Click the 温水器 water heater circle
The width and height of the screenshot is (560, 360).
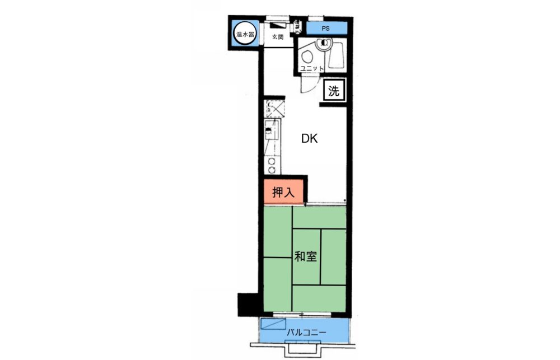click(245, 34)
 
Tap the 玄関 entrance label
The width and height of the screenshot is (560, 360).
click(278, 37)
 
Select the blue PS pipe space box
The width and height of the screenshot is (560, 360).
click(326, 28)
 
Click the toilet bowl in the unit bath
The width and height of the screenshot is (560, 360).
click(307, 57)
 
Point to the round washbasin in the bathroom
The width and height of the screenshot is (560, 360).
click(324, 44)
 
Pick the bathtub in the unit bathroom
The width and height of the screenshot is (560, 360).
click(337, 55)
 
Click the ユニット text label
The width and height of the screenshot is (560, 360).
click(312, 68)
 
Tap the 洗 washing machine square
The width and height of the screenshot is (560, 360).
click(334, 91)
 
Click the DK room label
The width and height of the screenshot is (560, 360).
click(309, 139)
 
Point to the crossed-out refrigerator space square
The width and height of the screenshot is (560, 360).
click(274, 109)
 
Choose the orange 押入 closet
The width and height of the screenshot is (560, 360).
click(283, 192)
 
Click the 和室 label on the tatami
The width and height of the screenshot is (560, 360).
click(305, 256)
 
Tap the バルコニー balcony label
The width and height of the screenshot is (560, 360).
click(306, 333)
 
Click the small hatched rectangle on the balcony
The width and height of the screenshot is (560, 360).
click(273, 324)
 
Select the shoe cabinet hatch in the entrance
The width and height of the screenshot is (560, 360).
click(278, 25)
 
